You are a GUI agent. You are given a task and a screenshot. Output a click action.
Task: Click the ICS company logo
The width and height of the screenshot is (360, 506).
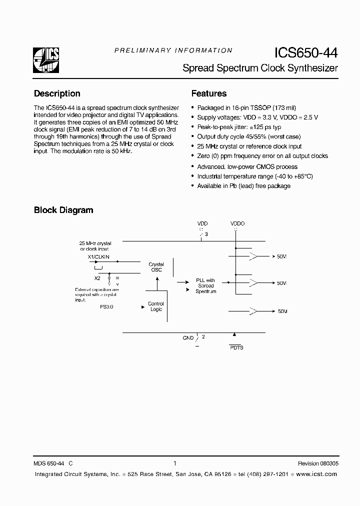tap(46, 60)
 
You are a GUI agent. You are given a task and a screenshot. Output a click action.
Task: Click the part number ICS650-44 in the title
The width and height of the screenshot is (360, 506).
tap(305, 53)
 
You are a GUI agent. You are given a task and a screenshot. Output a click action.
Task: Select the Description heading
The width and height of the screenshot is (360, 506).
tap(57, 93)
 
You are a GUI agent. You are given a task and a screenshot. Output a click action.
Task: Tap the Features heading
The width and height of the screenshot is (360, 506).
tap(209, 93)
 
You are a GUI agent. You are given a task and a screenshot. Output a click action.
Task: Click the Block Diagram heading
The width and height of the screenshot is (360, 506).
tap(63, 210)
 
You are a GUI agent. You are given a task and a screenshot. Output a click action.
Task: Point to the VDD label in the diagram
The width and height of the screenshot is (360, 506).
tap(202, 223)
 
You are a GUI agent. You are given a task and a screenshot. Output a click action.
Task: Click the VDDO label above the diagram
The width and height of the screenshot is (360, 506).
tap(237, 223)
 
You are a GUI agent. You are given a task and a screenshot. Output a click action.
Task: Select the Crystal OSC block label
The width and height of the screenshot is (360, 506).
tap(156, 267)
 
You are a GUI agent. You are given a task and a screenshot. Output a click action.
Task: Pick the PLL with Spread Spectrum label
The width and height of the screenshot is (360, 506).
tap(205, 285)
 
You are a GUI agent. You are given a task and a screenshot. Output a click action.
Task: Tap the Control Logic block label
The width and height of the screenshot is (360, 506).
tap(156, 306)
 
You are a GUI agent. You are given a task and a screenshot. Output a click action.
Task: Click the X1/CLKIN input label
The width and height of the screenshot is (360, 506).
tap(98, 256)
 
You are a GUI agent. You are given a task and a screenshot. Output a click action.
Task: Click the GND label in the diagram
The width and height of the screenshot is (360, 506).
tap(188, 338)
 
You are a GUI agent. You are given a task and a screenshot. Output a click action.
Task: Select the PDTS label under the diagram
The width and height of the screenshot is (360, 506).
tap(236, 347)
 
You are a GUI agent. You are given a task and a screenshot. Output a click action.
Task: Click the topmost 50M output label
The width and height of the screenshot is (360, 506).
tap(282, 256)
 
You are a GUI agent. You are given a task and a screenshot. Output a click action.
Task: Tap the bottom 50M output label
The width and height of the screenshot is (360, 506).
tap(282, 311)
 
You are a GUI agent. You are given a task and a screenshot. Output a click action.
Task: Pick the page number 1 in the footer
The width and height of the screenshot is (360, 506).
tap(174, 463)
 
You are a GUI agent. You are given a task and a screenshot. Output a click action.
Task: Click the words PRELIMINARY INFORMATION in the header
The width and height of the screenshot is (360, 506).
tap(173, 50)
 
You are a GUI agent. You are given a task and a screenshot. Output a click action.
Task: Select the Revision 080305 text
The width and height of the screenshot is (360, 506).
tap(317, 463)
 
